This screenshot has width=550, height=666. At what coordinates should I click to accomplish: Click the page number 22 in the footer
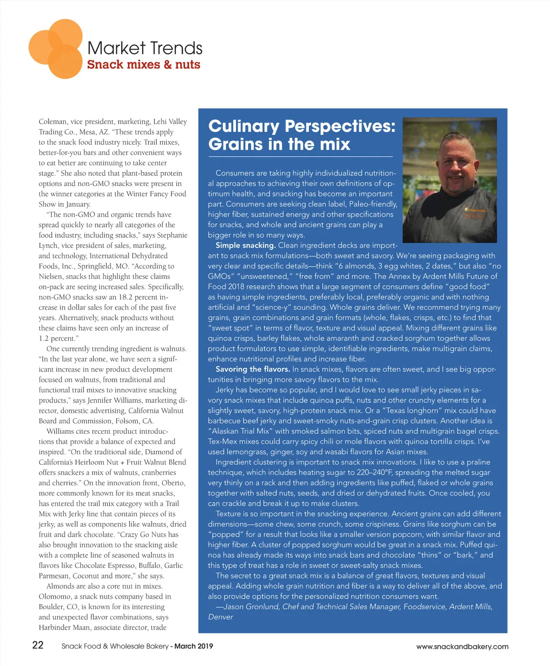point(38,645)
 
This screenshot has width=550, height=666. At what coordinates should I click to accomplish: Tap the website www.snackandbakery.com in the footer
point(462,646)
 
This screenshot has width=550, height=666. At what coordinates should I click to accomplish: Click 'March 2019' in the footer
point(194,646)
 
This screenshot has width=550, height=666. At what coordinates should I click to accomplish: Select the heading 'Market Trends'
point(145,48)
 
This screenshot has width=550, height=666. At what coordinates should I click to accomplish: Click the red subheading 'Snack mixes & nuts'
point(143,65)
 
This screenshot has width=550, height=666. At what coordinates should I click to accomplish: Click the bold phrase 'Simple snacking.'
point(246,245)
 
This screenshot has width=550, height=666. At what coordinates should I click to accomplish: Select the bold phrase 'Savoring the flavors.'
point(253,369)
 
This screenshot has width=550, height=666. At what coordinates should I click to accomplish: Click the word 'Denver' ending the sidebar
point(220,617)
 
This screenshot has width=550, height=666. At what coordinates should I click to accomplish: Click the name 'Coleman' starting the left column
point(53,121)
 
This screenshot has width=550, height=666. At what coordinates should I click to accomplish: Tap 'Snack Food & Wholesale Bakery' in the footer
point(115,646)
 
